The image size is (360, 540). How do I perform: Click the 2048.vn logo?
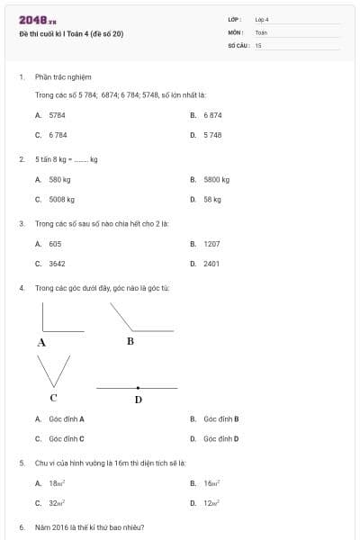[38, 19]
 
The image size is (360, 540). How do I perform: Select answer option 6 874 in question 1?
[212, 115]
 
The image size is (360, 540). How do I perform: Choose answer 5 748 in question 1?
[212, 134]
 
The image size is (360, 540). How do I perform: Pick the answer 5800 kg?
[216, 179]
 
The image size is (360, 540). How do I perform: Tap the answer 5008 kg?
[61, 199]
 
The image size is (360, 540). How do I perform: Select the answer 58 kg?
[212, 199]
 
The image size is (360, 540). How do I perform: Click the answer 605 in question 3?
[55, 243]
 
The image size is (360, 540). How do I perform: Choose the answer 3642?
[57, 264]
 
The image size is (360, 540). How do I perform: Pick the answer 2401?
[211, 264]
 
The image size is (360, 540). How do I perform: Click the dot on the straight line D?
[138, 388]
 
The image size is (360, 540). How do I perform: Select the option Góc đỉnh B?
[220, 418]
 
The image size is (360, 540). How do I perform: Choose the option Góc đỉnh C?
[67, 438]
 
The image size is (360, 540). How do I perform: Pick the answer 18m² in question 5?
[57, 483]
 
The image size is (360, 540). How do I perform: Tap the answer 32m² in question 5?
[57, 503]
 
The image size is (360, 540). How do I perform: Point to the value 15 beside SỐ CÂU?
[258, 44]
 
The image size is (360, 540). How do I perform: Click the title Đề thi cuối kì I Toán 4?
[71, 33]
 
